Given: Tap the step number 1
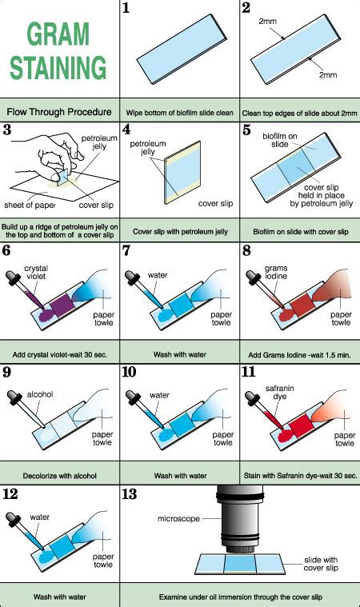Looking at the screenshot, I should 126,9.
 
